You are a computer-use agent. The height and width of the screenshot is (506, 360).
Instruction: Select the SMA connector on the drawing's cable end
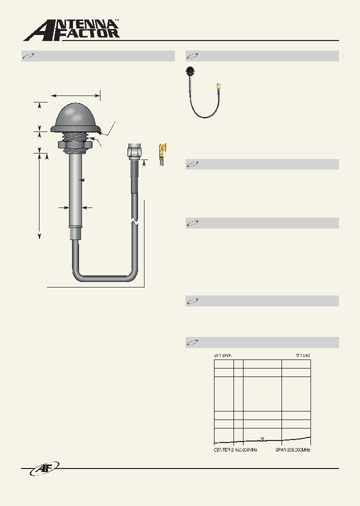[x=134, y=151]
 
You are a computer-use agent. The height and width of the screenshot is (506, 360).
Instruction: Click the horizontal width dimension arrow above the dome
[x=75, y=94]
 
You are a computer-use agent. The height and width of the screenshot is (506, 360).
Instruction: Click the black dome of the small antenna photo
[x=190, y=69]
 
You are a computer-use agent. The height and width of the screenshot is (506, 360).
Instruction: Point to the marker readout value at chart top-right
[x=303, y=355]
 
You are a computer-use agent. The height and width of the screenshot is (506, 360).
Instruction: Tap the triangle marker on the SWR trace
[x=262, y=438]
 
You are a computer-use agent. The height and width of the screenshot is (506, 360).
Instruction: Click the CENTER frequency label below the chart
[x=235, y=450]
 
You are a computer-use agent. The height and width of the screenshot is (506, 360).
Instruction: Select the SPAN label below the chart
[x=292, y=450]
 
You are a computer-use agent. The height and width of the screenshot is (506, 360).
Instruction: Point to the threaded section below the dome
[x=75, y=136]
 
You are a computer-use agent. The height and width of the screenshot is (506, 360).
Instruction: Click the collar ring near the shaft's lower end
[x=75, y=228]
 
